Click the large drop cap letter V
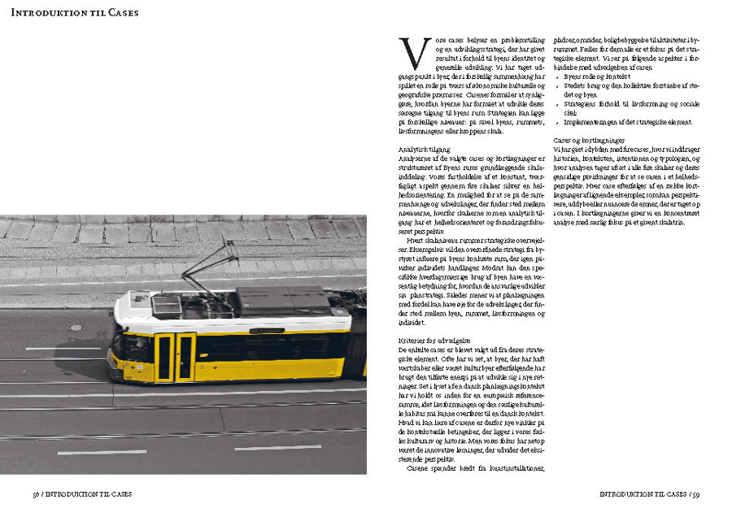tap(413, 54)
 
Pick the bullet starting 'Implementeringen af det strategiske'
tap(628, 122)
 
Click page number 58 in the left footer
tap(37, 493)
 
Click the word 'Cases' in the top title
tap(120, 13)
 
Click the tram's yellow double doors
tap(175, 357)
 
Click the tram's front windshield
tap(118, 345)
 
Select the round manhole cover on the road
tap(76, 328)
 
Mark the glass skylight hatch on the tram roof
tap(167, 306)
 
